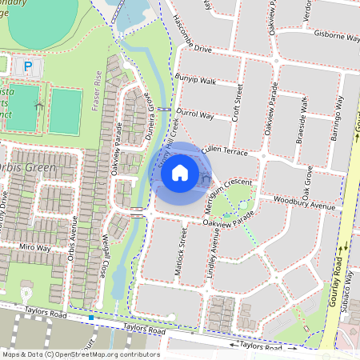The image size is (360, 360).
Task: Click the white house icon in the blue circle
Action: coord(180,173)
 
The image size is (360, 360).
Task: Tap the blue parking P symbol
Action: coord(30,67)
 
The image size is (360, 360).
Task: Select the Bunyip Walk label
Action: coord(197,81)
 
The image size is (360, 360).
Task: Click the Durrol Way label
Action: coord(194,115)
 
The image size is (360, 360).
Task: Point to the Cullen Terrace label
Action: coord(226,150)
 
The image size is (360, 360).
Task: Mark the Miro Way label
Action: coord(36,248)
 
